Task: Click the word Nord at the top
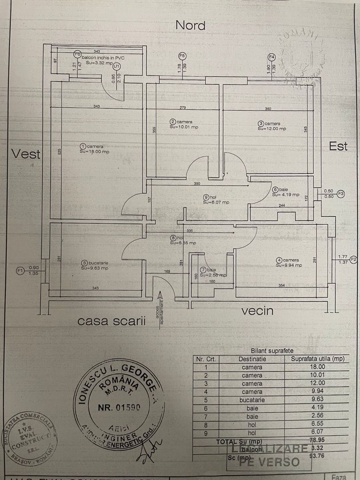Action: (x=190, y=25)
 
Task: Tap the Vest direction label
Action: (x=26, y=154)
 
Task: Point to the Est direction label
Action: (x=338, y=146)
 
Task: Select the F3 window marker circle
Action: (x=340, y=194)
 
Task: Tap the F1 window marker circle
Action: (x=20, y=270)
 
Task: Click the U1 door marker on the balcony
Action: (x=116, y=66)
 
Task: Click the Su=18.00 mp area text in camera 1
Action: (x=95, y=152)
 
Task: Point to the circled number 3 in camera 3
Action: (x=261, y=124)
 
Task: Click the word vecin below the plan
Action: (x=257, y=311)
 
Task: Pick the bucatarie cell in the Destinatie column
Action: (x=252, y=400)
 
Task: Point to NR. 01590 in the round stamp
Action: (x=119, y=407)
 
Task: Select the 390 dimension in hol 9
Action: (x=197, y=184)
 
